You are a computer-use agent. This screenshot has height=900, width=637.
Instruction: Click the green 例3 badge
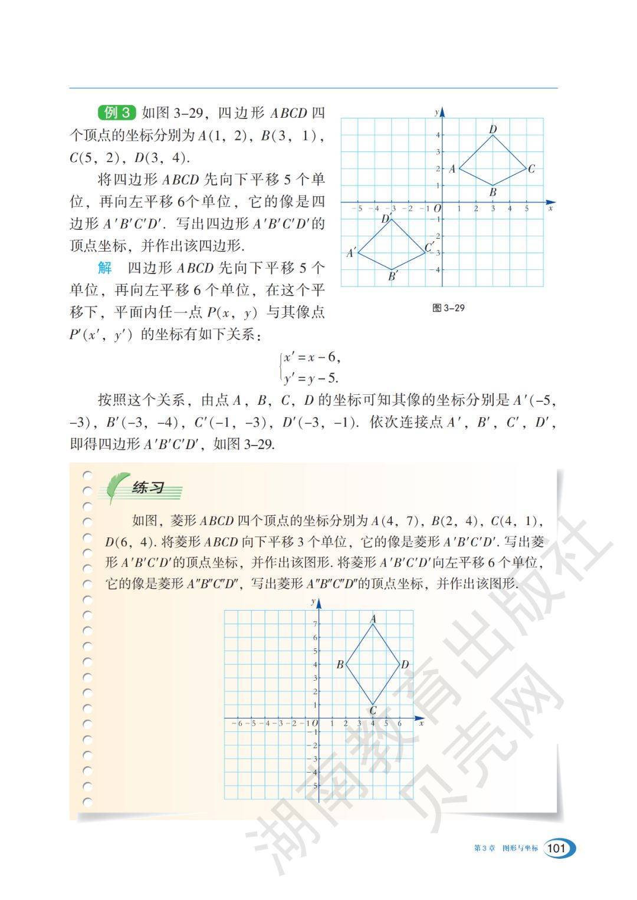117,113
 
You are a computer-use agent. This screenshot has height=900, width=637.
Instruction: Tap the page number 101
556,848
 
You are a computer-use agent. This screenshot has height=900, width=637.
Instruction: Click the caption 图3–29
448,308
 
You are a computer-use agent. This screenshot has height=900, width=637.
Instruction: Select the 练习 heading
148,488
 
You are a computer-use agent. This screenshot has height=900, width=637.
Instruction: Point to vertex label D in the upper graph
493,129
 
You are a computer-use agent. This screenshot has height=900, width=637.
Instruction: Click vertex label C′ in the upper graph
429,247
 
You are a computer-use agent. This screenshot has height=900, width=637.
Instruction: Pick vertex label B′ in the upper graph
393,275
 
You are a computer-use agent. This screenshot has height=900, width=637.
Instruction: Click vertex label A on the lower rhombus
373,619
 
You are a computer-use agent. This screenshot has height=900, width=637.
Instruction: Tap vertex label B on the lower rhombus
340,665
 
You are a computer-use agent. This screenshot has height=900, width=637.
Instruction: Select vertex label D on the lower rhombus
405,665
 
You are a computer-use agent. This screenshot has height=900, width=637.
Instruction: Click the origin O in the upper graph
437,208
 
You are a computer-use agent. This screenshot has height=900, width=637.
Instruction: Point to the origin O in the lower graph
315,723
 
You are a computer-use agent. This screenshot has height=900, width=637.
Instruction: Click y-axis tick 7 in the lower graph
315,624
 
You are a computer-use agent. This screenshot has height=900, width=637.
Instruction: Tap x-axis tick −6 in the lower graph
239,723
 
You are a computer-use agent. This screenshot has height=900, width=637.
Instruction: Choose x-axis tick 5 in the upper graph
527,208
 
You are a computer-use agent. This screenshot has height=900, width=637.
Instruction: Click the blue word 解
104,268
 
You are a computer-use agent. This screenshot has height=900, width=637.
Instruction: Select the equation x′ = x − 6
311,357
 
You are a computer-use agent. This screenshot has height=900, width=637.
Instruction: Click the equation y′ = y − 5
311,378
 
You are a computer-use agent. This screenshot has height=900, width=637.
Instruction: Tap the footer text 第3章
484,849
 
